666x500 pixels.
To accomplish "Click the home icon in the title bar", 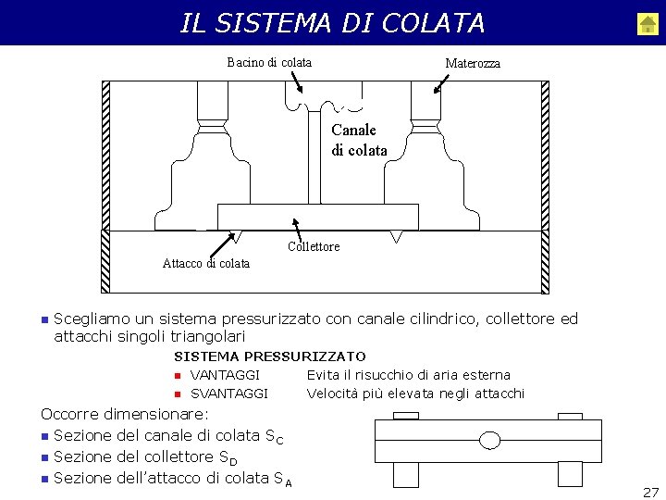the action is [647, 24].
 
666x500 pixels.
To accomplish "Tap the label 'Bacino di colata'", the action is [269, 63].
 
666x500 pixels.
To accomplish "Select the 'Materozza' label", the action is [473, 64].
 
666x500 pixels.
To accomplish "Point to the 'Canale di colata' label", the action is [359, 140].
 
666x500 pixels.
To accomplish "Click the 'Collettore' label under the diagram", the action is [314, 246].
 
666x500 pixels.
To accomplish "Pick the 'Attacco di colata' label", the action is [206, 263].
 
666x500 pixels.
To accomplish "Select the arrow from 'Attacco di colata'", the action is [221, 243].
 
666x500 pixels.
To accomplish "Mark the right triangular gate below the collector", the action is [397, 237].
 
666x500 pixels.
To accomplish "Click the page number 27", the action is [650, 492].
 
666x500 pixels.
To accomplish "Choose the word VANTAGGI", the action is [225, 375].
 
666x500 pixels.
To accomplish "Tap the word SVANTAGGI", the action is [229, 394].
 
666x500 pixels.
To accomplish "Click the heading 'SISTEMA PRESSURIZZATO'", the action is [270, 356].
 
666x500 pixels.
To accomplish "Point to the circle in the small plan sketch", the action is [490, 439].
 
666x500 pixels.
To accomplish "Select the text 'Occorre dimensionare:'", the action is [125, 415].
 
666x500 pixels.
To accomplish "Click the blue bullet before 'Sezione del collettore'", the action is [44, 457].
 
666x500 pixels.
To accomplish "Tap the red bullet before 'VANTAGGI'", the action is [176, 376].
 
